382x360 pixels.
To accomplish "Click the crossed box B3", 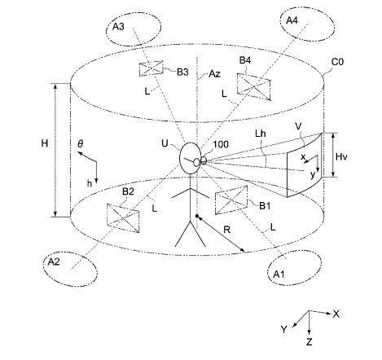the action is pyautogui.click(x=151, y=68).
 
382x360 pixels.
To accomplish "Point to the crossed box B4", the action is pyautogui.click(x=254, y=86).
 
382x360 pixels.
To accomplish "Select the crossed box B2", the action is pyautogui.click(x=123, y=218).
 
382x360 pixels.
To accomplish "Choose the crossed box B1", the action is pyautogui.click(x=231, y=200).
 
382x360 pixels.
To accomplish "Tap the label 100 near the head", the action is pyautogui.click(x=221, y=144).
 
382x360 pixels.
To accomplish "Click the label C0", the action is pyautogui.click(x=337, y=62).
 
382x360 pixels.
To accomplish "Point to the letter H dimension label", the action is pyautogui.click(x=45, y=143).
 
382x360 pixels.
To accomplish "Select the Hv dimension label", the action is pyautogui.click(x=341, y=156).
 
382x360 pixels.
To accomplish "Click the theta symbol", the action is pyautogui.click(x=80, y=143).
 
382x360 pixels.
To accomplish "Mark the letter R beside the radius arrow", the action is pyautogui.click(x=227, y=230).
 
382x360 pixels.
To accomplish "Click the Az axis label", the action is pyautogui.click(x=214, y=73).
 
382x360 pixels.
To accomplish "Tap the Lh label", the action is pyautogui.click(x=260, y=134).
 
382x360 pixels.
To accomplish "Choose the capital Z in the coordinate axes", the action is pyautogui.click(x=310, y=342).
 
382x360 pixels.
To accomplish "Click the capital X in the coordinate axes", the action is pyautogui.click(x=336, y=314).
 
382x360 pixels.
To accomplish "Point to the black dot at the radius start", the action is pyautogui.click(x=197, y=216).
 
